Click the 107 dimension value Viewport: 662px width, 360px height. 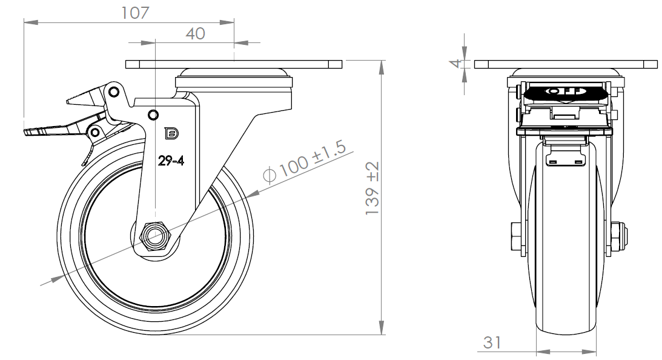135,13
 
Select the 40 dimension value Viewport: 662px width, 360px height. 195,33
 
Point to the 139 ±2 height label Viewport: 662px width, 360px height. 372,188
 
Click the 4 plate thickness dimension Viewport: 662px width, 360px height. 455,64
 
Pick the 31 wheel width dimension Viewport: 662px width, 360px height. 492,342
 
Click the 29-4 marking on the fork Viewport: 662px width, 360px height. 171,161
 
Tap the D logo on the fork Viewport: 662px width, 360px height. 171,133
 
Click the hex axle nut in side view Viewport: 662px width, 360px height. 154,236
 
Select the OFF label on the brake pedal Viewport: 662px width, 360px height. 565,92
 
